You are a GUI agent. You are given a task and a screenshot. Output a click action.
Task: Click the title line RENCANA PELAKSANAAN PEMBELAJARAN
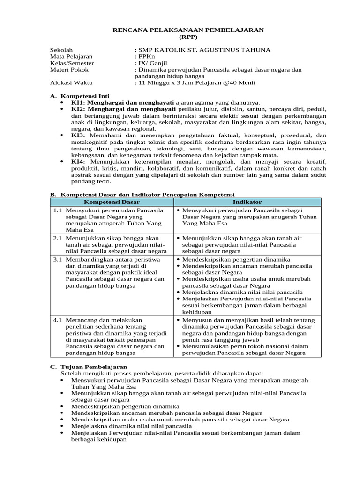pyautogui.click(x=188, y=30)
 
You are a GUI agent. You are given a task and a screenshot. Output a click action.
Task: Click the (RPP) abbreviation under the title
pyautogui.click(x=188, y=37)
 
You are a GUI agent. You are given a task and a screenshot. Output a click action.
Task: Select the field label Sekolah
pyautogui.click(x=61, y=50)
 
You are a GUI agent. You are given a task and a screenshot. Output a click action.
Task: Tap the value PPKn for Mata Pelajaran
pyautogui.click(x=145, y=57)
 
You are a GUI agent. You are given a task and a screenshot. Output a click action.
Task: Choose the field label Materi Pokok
pyautogui.click(x=69, y=70)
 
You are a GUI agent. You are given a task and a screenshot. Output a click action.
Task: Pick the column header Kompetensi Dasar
pyautogui.click(x=112, y=202)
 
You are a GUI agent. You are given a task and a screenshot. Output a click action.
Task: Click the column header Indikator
pyautogui.click(x=247, y=202)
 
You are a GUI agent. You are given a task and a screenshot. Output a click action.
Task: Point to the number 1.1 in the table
pyautogui.click(x=58, y=210)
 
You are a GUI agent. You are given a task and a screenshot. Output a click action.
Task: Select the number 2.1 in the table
pyautogui.click(x=58, y=238)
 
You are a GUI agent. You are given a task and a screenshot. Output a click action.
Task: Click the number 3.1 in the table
pyautogui.click(x=58, y=259)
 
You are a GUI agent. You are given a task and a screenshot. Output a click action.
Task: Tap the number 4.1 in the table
pyautogui.click(x=58, y=320)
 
